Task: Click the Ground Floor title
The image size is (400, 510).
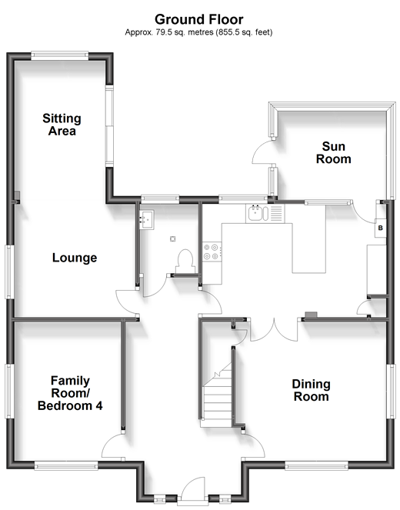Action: coord(198,19)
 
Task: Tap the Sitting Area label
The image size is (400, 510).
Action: coord(62,125)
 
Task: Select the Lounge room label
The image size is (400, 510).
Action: coord(75,258)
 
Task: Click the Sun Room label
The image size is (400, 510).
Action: coord(333,152)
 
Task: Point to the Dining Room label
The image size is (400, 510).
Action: coord(312,390)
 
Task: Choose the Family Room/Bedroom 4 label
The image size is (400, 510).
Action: coord(70,393)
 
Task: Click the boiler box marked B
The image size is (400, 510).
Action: coord(381,228)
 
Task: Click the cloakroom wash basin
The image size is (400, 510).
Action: coord(147,219)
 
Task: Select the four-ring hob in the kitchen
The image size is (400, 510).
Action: coord(212,252)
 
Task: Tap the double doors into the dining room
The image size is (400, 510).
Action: coord(274,330)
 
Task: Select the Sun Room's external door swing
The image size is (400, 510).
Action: coord(262,152)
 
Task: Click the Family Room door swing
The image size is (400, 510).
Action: coord(113,445)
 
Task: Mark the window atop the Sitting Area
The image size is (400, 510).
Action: coord(60,55)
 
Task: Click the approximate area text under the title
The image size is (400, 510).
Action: coord(198,32)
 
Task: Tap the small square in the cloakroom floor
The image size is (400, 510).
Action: coord(172,239)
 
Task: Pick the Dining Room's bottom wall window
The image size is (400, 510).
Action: coord(316,465)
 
